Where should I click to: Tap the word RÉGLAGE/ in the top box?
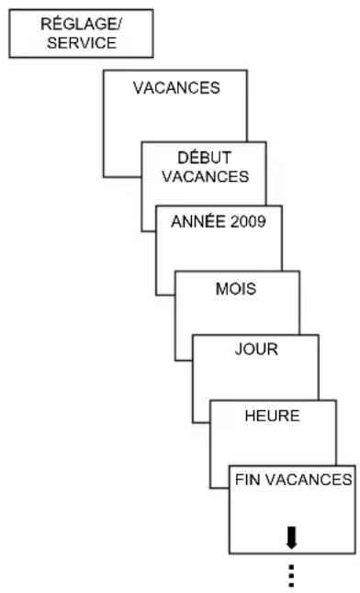click(80, 26)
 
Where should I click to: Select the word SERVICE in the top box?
click(80, 41)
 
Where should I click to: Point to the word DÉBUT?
click(205, 160)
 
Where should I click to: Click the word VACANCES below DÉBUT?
click(205, 176)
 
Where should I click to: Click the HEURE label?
click(273, 415)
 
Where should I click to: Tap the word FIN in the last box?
click(248, 478)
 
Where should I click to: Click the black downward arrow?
click(291, 533)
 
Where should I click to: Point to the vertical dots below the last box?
click(291, 575)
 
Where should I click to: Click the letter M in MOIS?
click(220, 289)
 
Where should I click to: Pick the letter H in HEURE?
click(250, 415)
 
